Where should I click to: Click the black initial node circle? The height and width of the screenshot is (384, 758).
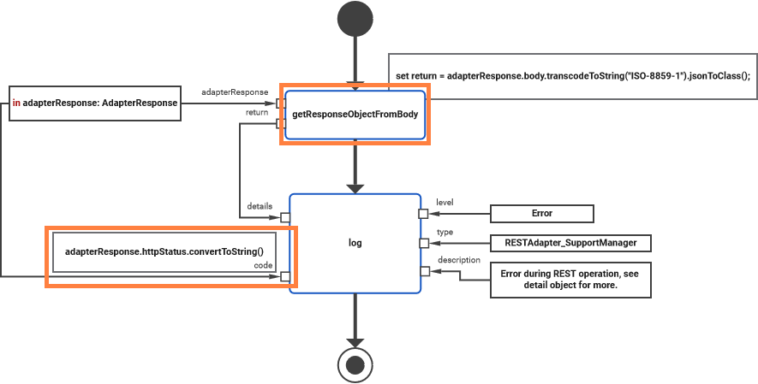tap(354, 20)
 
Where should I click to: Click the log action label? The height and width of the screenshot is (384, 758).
tap(355, 244)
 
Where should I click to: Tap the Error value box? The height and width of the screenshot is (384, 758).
tap(541, 214)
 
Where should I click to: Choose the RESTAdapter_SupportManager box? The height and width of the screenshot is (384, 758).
tap(570, 244)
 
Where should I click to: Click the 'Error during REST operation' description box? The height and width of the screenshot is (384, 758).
tap(570, 279)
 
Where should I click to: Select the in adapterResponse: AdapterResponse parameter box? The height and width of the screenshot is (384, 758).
tap(94, 103)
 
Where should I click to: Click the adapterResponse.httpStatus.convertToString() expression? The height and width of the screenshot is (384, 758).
tap(164, 253)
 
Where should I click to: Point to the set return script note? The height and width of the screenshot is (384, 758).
tap(572, 76)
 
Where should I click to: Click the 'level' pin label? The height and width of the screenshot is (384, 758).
tap(445, 203)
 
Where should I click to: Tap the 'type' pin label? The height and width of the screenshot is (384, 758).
tap(445, 232)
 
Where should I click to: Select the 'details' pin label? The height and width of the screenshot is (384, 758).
tap(260, 206)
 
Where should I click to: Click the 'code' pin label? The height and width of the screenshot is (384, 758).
tap(263, 266)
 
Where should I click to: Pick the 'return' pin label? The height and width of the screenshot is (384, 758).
tap(256, 112)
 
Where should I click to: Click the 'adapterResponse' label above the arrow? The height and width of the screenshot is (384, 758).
tap(235, 92)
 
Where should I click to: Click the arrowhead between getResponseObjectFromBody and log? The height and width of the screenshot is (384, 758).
tap(354, 186)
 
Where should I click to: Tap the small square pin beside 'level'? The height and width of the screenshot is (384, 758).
tap(422, 214)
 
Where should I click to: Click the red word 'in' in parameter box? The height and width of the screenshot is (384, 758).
tap(16, 103)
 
